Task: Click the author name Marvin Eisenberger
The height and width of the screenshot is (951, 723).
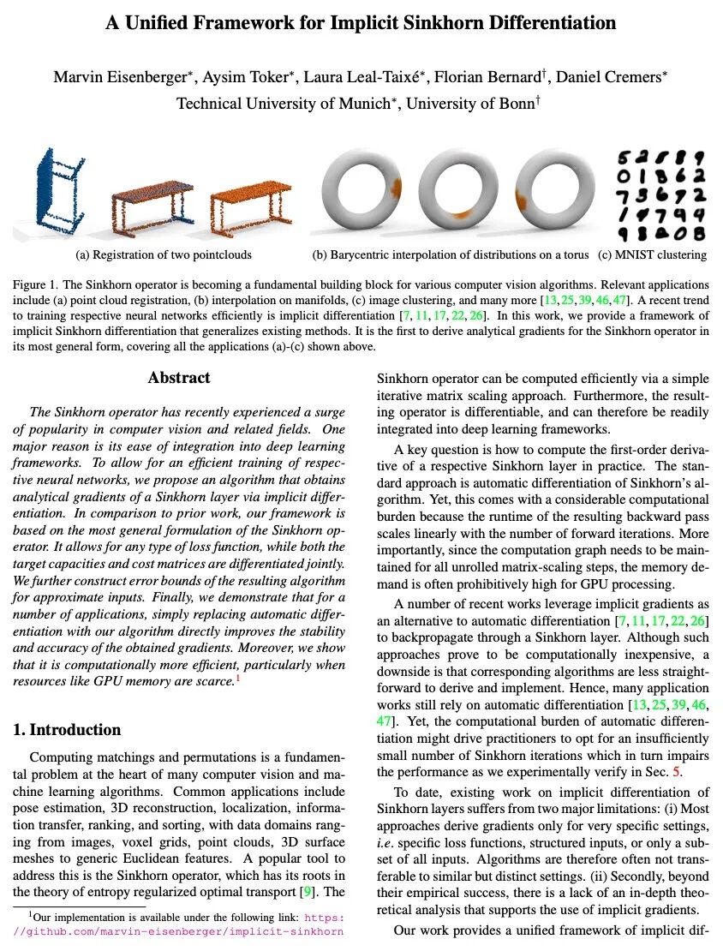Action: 120,77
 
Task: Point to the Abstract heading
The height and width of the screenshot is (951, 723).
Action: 179,378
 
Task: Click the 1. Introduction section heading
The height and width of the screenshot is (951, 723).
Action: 67,730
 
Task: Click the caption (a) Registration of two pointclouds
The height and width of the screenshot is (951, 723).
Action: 164,254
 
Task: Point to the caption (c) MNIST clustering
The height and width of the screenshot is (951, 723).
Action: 652,254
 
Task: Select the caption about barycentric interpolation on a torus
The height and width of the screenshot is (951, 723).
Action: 450,254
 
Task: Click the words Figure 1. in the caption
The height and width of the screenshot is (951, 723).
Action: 35,284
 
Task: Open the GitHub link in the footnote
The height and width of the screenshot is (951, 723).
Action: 181,930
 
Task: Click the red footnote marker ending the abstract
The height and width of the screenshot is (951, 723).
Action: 237,679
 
